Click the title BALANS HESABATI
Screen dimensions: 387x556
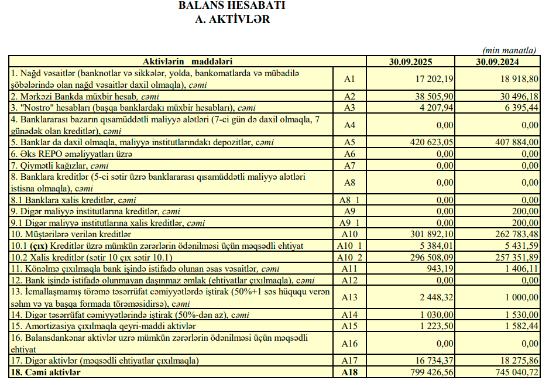coord(232,6)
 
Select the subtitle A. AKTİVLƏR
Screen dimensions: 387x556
coord(232,19)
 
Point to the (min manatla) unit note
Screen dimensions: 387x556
coord(509,51)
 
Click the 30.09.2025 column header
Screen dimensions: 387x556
coord(411,61)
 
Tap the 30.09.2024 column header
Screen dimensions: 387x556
coord(498,61)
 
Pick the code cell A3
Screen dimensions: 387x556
coord(349,107)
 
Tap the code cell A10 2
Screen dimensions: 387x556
coord(349,256)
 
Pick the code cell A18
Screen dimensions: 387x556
coord(349,372)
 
